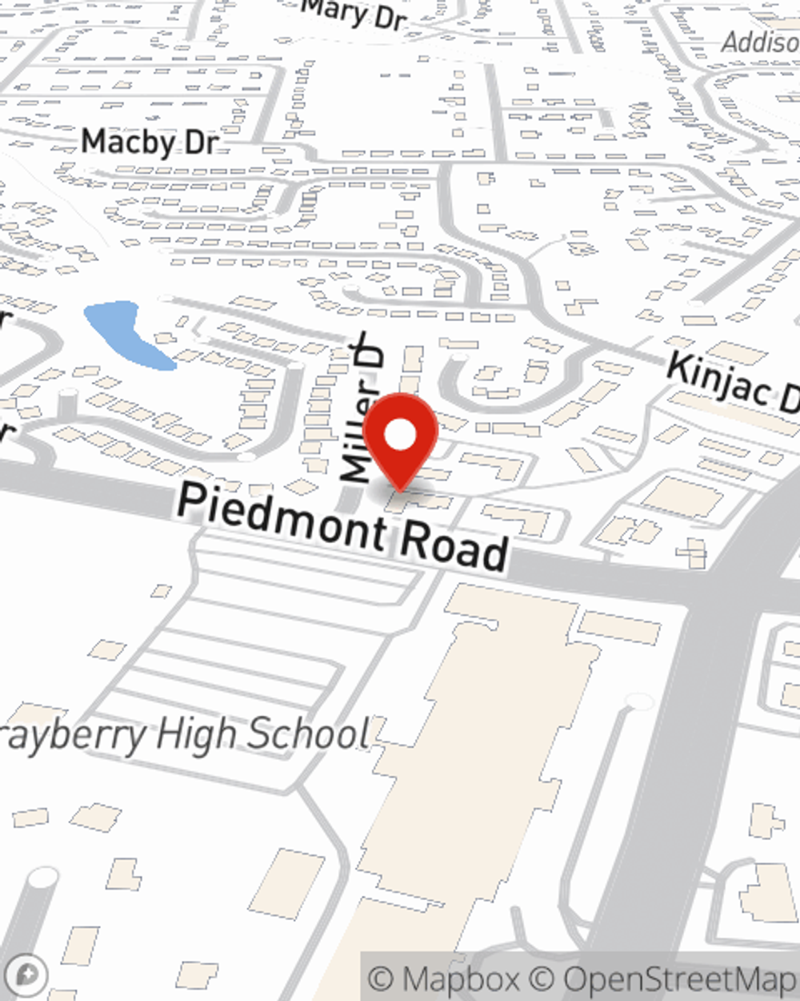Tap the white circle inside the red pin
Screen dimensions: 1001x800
pos(400,436)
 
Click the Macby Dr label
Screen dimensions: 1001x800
pos(150,142)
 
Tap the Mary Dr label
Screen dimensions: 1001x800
pos(356,14)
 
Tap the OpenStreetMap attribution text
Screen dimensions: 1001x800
pos(680,979)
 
